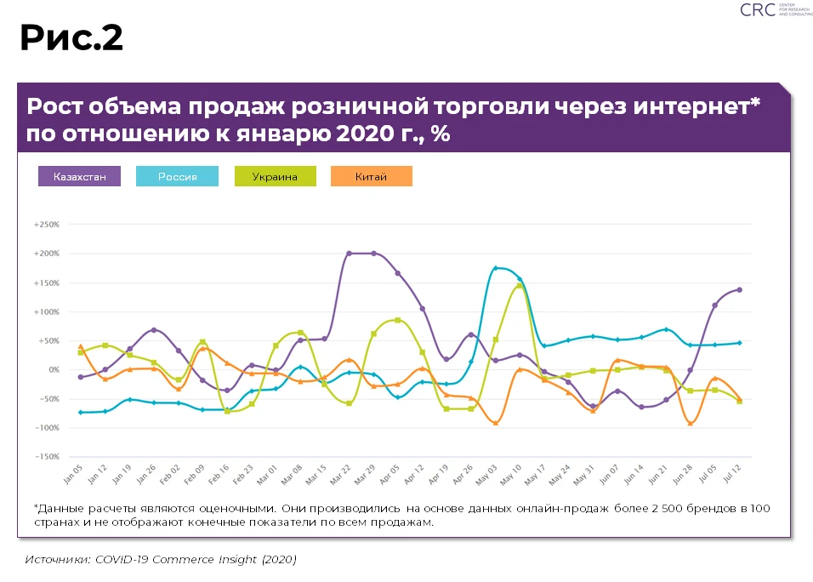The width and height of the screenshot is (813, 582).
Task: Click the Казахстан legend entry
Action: (80, 176)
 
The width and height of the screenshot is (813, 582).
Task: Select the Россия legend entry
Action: (178, 176)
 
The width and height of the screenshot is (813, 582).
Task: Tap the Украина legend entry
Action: (275, 176)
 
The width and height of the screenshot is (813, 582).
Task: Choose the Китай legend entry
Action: (371, 176)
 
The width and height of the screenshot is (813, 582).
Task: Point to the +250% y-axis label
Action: (46, 225)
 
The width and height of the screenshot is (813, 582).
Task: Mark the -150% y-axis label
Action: (46, 457)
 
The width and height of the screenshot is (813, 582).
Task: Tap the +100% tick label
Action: (46, 312)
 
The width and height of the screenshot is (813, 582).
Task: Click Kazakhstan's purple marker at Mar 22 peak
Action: (349, 254)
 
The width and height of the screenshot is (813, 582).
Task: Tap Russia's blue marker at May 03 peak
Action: (496, 269)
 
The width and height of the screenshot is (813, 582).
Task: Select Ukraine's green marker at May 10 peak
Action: (520, 286)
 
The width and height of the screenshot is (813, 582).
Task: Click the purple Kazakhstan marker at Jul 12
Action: (740, 289)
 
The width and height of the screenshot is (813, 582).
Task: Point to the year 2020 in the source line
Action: (278, 559)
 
